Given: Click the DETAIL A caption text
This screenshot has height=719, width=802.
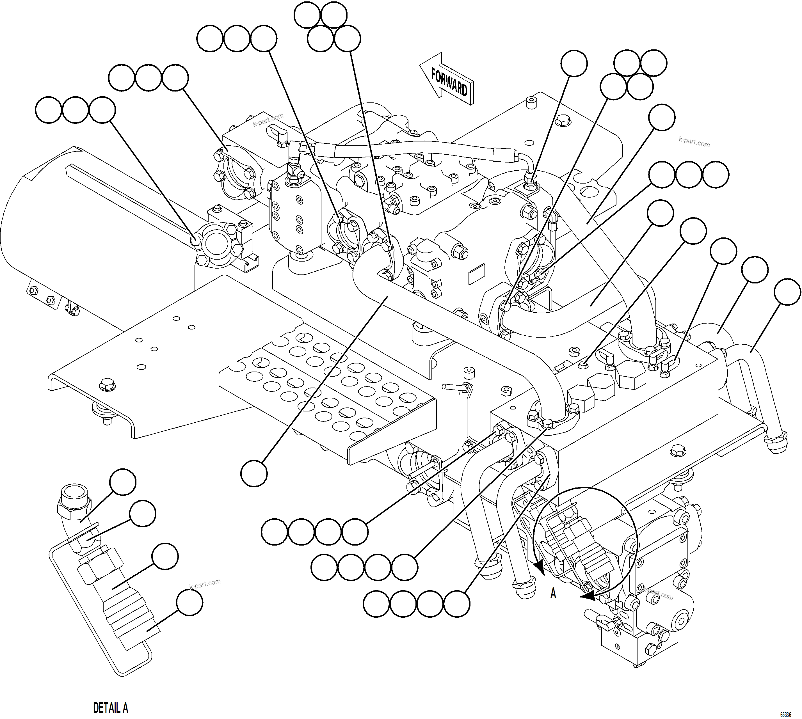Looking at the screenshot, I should [x=110, y=707].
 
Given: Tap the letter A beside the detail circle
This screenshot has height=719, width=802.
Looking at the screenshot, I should [x=553, y=593].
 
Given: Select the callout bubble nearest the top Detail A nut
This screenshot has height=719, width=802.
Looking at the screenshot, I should [x=123, y=482].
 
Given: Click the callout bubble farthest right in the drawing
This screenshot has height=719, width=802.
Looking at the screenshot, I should [x=787, y=292].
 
